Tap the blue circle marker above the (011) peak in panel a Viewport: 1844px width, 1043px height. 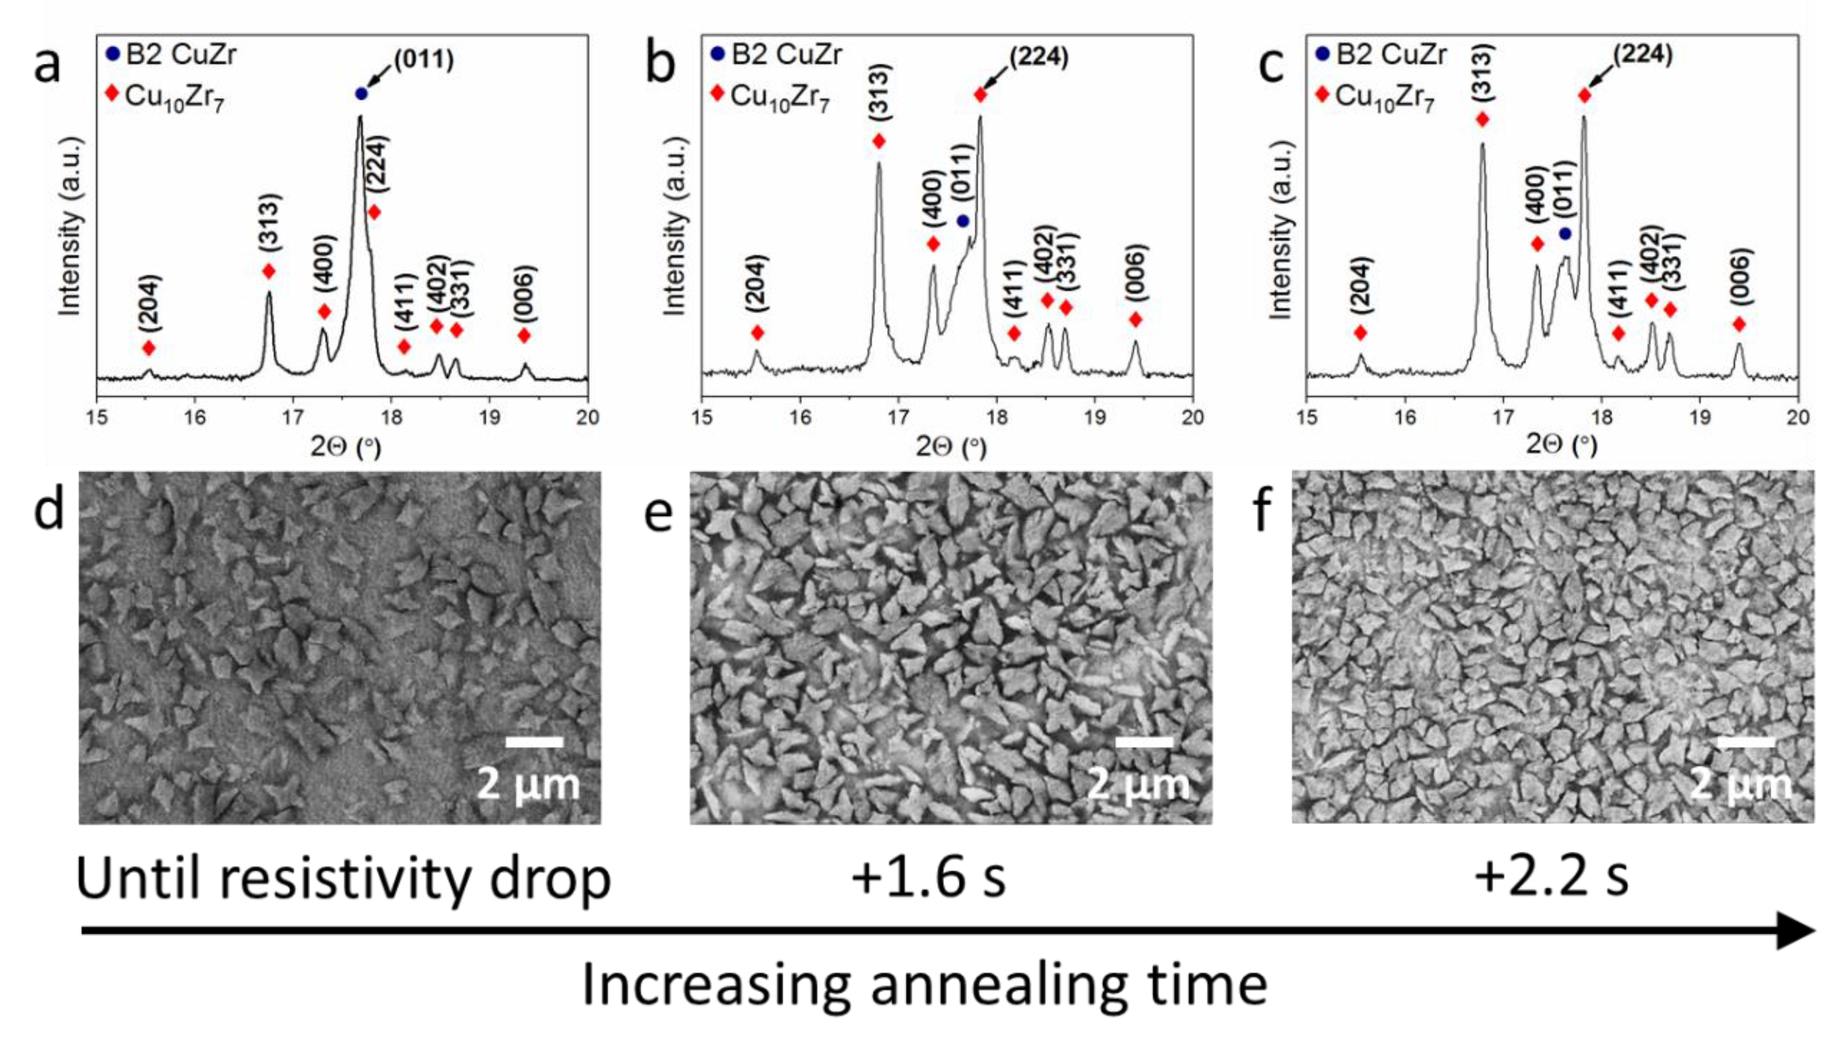(361, 94)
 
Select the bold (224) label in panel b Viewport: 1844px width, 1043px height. (1039, 58)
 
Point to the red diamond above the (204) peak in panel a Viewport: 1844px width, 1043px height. (148, 348)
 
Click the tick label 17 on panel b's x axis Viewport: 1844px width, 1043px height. (898, 418)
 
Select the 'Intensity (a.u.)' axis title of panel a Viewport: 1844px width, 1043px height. (70, 226)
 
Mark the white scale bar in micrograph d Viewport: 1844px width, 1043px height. (534, 742)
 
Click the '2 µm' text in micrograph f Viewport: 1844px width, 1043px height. (1741, 785)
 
